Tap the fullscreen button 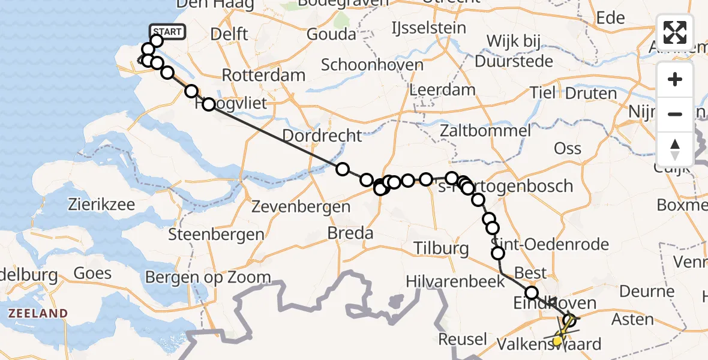click(675, 32)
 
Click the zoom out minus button click(675, 114)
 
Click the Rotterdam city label click(263, 76)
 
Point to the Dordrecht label click(322, 136)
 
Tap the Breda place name click(350, 233)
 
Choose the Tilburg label click(440, 248)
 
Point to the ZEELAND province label click(37, 313)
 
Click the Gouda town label click(331, 34)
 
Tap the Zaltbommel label click(485, 131)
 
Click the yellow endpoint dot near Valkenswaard click(557, 341)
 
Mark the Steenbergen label click(216, 235)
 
